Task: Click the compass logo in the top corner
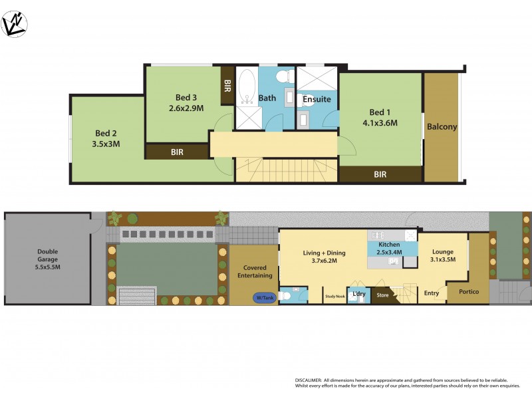[13, 25]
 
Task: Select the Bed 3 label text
[186, 102]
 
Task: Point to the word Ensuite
[317, 99]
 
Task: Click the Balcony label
[442, 126]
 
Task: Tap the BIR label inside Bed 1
[380, 175]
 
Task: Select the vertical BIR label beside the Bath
[227, 85]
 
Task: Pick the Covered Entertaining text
[255, 271]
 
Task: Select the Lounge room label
[443, 256]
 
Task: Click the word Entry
[431, 293]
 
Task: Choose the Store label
[382, 294]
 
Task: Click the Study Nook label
[334, 297]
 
